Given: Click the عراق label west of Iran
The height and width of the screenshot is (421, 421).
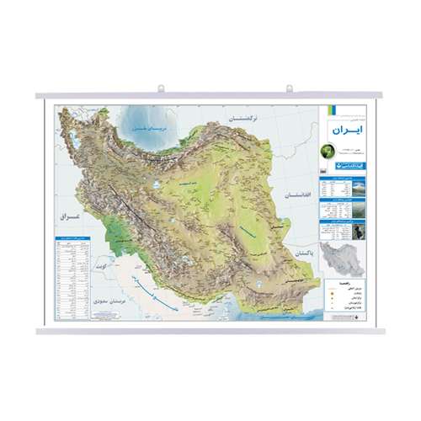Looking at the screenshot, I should point(67,216).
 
